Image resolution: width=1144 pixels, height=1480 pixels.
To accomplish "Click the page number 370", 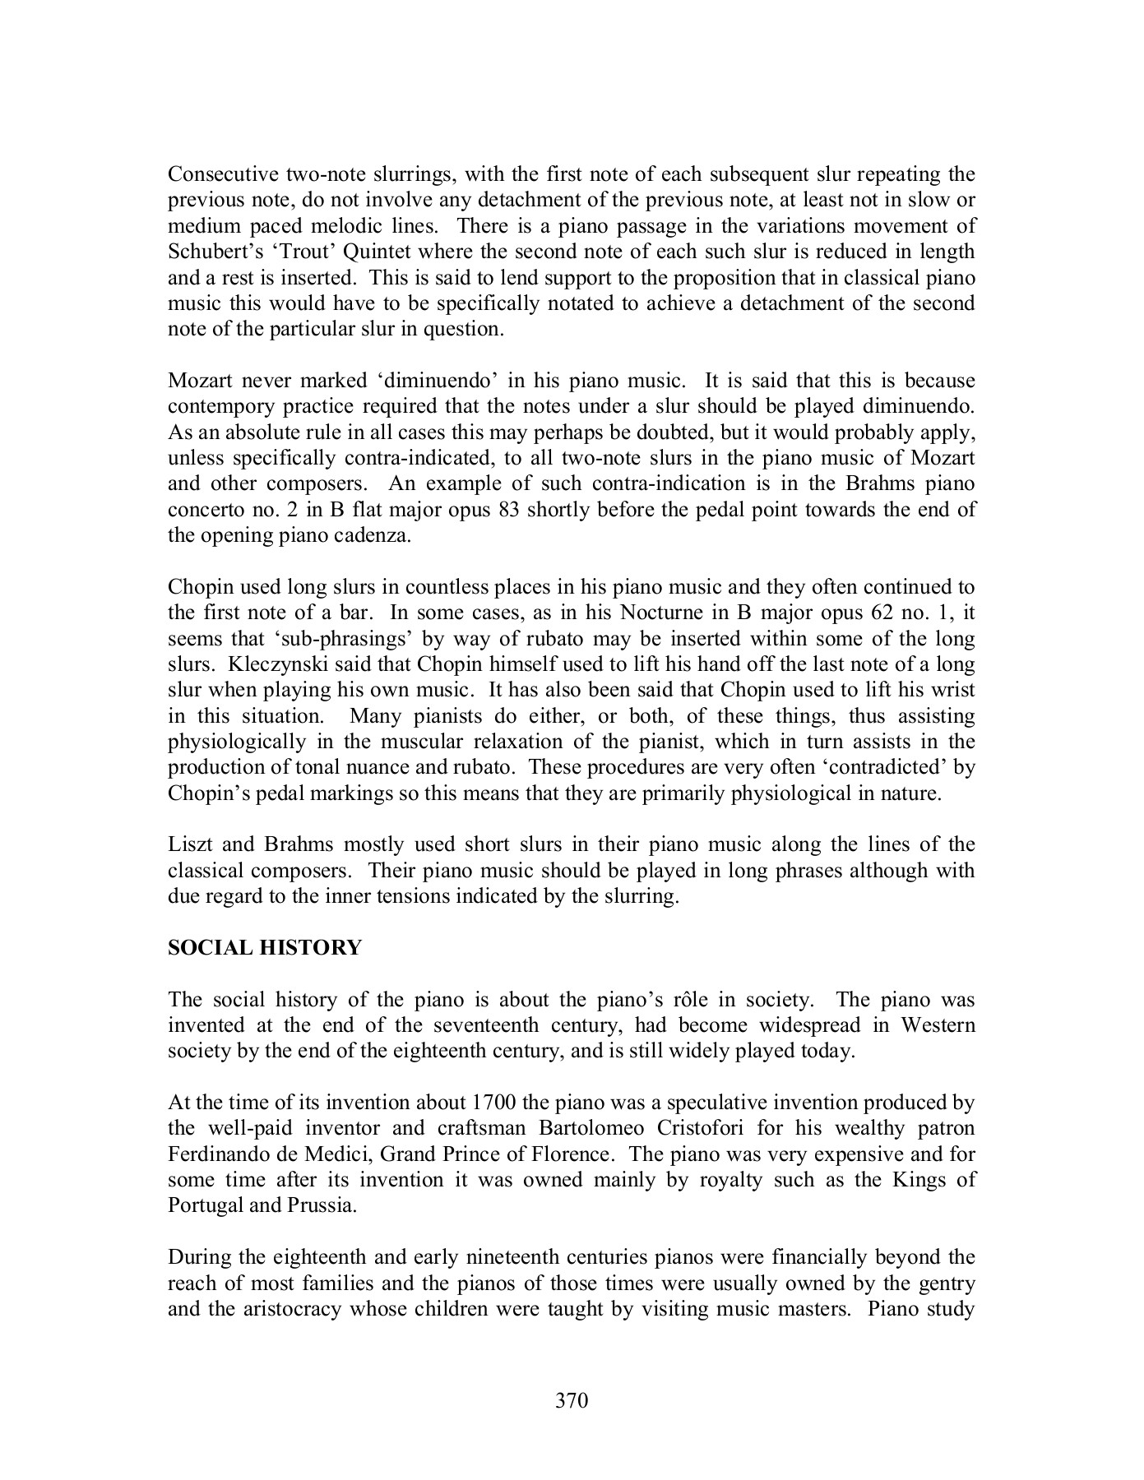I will [572, 1401].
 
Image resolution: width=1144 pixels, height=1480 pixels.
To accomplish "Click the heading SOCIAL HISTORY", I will [265, 948].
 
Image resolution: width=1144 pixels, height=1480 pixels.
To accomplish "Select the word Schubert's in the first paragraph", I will [209, 252].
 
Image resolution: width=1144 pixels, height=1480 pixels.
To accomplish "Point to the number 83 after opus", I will [507, 510].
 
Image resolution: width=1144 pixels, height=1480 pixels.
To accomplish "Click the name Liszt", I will [189, 844].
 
